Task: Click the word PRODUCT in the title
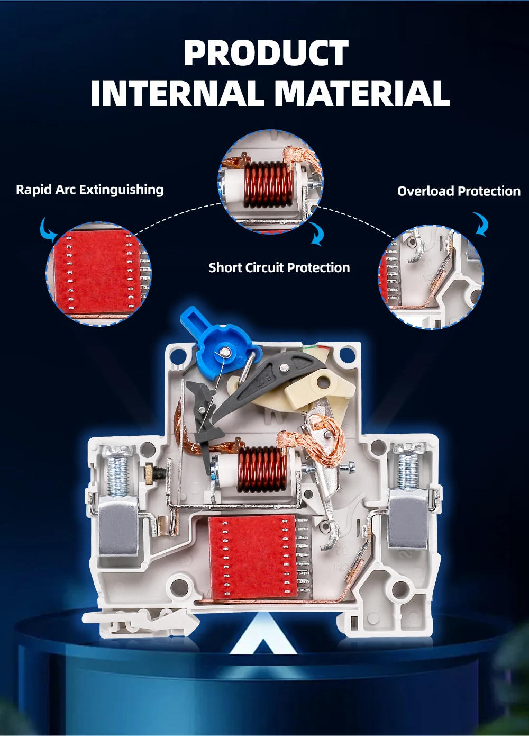[x=266, y=52]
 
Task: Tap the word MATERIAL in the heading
[x=362, y=93]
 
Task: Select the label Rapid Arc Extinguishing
[x=89, y=190]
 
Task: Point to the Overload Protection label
[x=459, y=191]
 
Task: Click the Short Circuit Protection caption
[x=279, y=267]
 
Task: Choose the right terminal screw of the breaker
[x=408, y=467]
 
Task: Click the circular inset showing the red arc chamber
[x=98, y=274]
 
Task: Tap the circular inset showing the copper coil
[x=271, y=182]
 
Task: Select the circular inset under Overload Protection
[x=431, y=276]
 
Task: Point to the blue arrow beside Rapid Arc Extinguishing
[x=47, y=228]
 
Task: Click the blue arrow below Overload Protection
[x=481, y=225]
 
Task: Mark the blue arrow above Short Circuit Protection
[x=317, y=234]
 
